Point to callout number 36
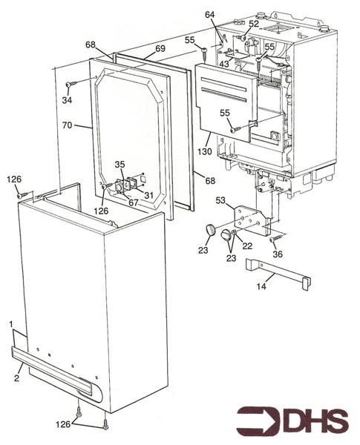[x=279, y=254]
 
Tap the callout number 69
[x=160, y=48]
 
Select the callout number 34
[x=67, y=100]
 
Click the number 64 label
[x=210, y=14]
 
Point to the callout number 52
[x=254, y=23]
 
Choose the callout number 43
[x=223, y=65]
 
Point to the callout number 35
[x=119, y=164]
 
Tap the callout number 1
[x=11, y=324]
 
